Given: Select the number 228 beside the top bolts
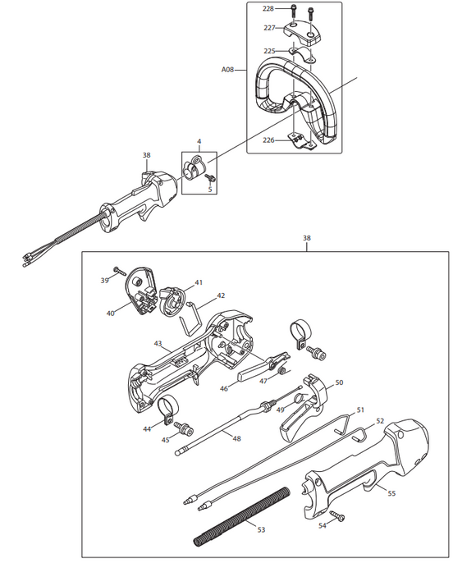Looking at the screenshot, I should click(x=268, y=8).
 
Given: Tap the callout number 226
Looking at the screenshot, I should click(x=268, y=140).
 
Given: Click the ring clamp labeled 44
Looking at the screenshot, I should click(x=167, y=405).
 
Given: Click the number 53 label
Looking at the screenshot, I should click(x=261, y=530).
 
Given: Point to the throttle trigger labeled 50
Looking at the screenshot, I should click(x=308, y=402).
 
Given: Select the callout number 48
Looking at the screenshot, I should click(x=237, y=438).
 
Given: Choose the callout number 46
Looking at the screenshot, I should click(x=223, y=388).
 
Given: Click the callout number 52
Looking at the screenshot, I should click(x=380, y=420).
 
